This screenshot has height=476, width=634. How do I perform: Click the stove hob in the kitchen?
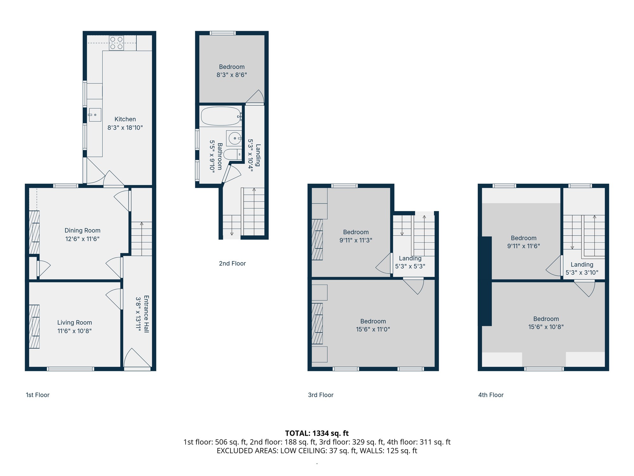pyautogui.click(x=116, y=43)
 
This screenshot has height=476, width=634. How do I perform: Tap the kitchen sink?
pyautogui.click(x=95, y=115)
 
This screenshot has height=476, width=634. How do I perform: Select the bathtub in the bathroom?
pyautogui.click(x=221, y=116)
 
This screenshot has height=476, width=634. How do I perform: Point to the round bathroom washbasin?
pyautogui.click(x=234, y=138)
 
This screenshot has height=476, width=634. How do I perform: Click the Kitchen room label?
pyautogui.click(x=125, y=119)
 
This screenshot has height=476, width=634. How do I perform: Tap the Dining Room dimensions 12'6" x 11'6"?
pyautogui.click(x=82, y=239)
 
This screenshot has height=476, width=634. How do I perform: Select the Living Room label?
pyautogui.click(x=74, y=322)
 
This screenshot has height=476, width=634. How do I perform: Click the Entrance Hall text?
pyautogui.click(x=146, y=314)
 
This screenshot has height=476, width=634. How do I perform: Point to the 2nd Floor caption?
pyautogui.click(x=232, y=263)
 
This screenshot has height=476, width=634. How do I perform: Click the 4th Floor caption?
pyautogui.click(x=491, y=395)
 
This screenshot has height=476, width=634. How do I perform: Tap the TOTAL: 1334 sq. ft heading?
pyautogui.click(x=317, y=433)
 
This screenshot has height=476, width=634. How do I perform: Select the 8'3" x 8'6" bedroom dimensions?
pyautogui.click(x=232, y=75)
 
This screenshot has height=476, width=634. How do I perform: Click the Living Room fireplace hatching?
pyautogui.click(x=34, y=327)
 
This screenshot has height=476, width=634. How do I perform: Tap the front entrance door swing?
pyautogui.click(x=137, y=358)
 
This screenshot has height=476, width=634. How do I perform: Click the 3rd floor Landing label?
pyautogui.click(x=410, y=258)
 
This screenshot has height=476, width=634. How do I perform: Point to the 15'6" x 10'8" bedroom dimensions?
pyautogui.click(x=546, y=327)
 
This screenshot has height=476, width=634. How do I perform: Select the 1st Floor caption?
pyautogui.click(x=38, y=395)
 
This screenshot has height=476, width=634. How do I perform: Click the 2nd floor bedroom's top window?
pyautogui.click(x=223, y=33)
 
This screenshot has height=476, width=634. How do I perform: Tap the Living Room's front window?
pyautogui.click(x=70, y=369)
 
